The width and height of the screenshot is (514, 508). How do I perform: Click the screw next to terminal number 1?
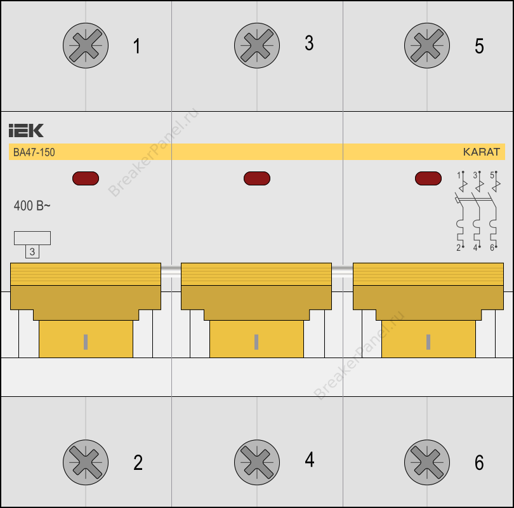(x=86, y=46)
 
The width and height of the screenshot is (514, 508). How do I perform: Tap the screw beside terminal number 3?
(x=257, y=46)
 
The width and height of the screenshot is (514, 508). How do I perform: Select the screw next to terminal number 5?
(x=427, y=46)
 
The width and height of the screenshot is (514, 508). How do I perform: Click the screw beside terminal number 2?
(x=86, y=462)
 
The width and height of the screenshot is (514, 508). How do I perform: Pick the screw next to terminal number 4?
(x=257, y=462)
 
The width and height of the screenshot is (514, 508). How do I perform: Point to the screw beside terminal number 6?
(x=427, y=462)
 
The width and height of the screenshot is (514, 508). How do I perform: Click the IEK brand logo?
(x=26, y=131)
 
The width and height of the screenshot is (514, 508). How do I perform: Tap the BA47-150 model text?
(x=34, y=152)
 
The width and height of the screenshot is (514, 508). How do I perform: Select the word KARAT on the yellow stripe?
(x=481, y=152)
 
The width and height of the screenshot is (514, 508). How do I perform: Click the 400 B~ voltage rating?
(x=32, y=206)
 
